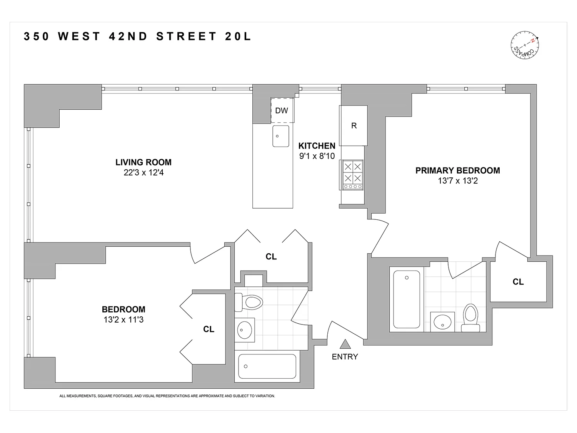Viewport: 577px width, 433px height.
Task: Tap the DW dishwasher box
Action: coord(282,110)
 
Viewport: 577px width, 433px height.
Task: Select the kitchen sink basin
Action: coord(281,136)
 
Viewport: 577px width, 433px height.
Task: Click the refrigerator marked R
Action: coord(354,125)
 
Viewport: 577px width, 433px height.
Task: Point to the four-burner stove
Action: coord(353,175)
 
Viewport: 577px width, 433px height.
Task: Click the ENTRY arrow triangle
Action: coord(345,344)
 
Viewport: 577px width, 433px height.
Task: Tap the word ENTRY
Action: coord(345,357)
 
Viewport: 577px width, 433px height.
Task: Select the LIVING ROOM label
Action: coord(143,162)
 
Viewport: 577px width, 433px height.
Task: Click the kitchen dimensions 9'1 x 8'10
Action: coord(317,156)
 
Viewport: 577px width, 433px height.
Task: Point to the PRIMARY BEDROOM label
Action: coord(457,171)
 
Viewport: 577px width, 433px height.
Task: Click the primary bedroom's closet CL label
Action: coord(518,282)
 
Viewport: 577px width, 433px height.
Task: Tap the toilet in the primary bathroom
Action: coord(470,318)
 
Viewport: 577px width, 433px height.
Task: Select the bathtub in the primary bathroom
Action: coord(407,299)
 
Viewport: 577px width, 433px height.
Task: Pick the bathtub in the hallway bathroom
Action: coord(267,366)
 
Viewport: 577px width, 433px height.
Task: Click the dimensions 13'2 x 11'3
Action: coord(123,319)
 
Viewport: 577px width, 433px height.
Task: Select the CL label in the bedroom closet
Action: coord(208,329)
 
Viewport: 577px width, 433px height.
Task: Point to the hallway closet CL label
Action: coord(271,257)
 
